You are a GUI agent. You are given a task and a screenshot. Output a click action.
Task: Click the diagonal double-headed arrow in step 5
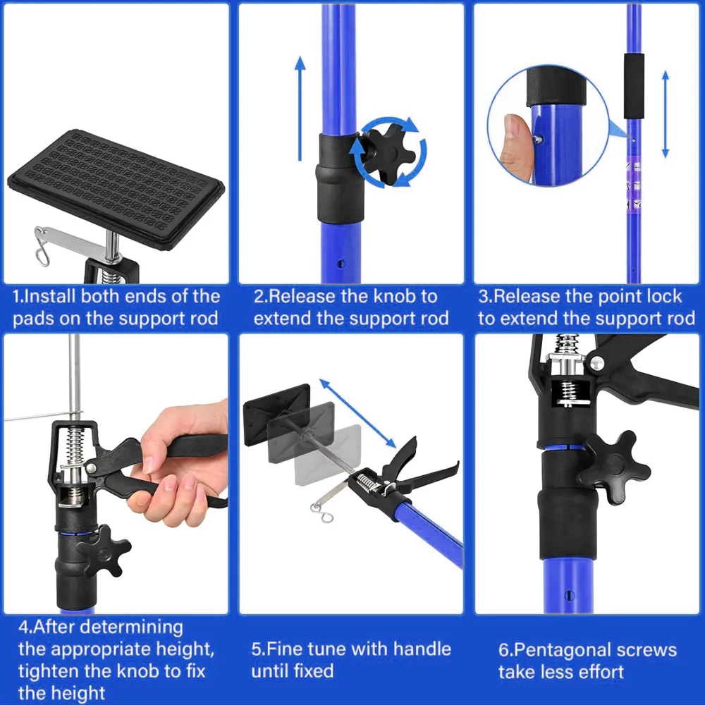pos(358,413)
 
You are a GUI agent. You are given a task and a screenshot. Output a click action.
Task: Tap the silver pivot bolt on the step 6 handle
pos(596,364)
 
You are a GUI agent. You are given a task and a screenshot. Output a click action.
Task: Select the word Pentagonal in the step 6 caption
pos(564,649)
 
